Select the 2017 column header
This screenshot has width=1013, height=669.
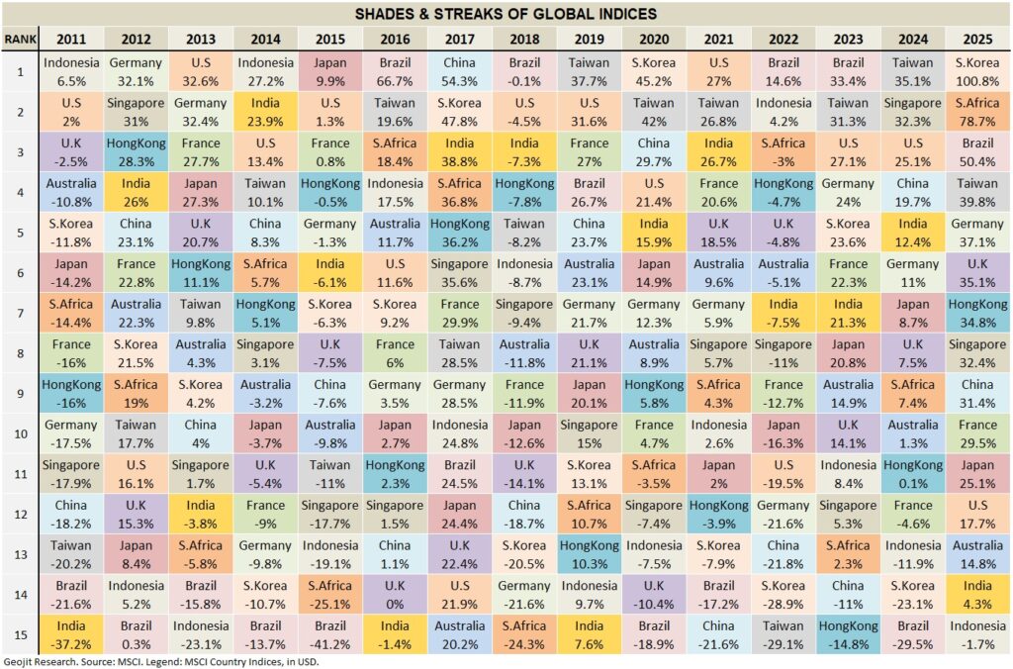click(460, 39)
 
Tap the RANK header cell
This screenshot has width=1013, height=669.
click(19, 39)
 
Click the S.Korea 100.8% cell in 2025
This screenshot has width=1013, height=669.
click(977, 71)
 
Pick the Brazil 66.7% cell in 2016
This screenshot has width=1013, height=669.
click(395, 71)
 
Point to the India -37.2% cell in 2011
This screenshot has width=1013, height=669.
click(70, 634)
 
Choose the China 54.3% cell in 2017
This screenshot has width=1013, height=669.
click(460, 71)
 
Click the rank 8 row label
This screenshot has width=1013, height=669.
click(19, 353)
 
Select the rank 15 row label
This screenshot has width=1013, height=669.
click(19, 634)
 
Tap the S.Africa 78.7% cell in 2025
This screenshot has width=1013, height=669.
click(977, 112)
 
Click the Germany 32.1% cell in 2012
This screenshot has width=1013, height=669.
click(136, 71)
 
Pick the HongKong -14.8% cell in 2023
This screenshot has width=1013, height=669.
click(848, 634)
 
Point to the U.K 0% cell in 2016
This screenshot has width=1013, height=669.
click(395, 595)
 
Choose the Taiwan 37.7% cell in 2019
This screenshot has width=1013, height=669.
click(589, 71)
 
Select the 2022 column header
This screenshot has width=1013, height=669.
click(783, 39)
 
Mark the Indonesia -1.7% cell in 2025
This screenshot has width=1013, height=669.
click(977, 634)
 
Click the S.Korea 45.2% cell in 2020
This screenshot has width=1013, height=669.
click(654, 71)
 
